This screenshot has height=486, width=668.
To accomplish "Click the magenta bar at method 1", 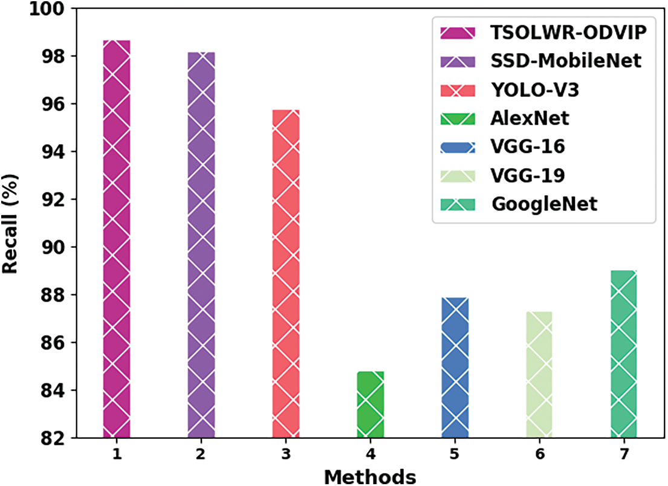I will [117, 239].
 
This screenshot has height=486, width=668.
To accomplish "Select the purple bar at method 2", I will [201, 245].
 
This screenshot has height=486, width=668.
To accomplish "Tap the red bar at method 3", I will [286, 274].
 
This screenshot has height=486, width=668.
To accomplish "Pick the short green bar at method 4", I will [371, 404].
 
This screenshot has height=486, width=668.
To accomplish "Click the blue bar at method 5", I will [455, 368].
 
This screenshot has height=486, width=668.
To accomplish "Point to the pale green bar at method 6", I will [540, 375].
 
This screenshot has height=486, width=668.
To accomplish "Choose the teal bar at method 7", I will [624, 354].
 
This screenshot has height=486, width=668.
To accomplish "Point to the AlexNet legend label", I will [530, 118].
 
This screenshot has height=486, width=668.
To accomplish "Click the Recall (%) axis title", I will [11, 224].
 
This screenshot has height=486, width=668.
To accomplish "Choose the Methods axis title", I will [370, 476].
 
